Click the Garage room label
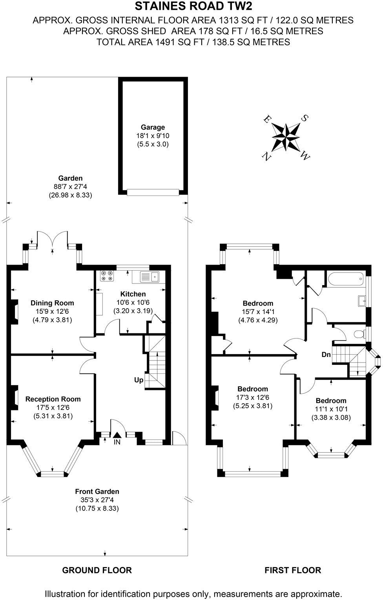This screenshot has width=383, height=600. (x=153, y=127)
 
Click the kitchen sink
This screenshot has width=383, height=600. (x=149, y=277)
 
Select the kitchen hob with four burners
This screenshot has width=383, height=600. (x=107, y=276)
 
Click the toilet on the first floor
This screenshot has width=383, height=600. (x=358, y=334)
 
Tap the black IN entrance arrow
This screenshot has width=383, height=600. (x=117, y=435)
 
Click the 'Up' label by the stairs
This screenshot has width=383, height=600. (x=139, y=380)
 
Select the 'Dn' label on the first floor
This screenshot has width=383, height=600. (x=326, y=355)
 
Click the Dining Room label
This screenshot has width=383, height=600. (x=52, y=303)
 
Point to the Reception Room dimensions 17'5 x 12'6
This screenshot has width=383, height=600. (x=53, y=408)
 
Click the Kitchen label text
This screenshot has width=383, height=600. (x=133, y=294)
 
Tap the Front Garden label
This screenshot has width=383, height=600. (x=97, y=491)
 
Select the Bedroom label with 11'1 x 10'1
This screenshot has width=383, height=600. (x=331, y=401)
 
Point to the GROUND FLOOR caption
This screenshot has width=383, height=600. (x=97, y=570)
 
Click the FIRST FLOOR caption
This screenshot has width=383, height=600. (x=292, y=570)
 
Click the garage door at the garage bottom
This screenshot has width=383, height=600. (x=153, y=192)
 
